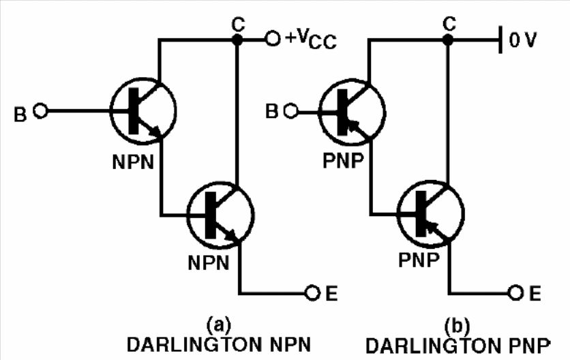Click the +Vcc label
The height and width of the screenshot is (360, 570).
[311, 39]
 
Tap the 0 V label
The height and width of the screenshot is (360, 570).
[523, 40]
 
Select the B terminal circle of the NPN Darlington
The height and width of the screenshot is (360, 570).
[40, 110]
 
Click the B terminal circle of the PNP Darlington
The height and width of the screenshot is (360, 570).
[290, 111]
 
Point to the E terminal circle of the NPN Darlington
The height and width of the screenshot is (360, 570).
[312, 292]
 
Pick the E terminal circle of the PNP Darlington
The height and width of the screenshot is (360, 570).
[515, 292]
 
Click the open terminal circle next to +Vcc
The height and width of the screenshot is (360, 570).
[273, 38]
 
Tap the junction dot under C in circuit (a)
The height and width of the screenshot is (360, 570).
[237, 40]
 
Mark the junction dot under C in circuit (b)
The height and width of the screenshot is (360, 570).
[448, 40]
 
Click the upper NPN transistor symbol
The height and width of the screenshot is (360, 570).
[143, 110]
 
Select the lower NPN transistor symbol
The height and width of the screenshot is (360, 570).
[220, 215]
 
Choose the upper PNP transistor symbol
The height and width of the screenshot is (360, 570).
[352, 112]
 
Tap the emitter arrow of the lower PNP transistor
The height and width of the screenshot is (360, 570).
[436, 231]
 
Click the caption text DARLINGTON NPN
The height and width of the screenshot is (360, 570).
[219, 345]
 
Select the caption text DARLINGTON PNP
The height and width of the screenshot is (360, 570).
[458, 346]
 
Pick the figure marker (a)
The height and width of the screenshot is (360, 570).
[218, 325]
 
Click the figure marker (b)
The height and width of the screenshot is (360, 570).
[457, 325]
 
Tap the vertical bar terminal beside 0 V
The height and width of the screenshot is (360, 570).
[500, 40]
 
